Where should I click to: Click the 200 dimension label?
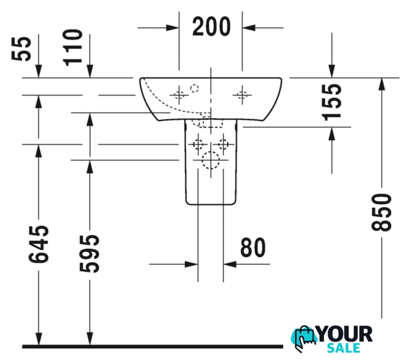coord(211,26)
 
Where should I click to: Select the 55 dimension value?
coord(21,49)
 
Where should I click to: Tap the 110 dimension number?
coord(73,47)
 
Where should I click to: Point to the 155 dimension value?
coord(332,102)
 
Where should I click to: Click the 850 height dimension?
coord(381,212)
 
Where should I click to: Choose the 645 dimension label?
coord(38,244)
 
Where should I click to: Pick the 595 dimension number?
coord(90,254)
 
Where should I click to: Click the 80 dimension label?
coord(253,247)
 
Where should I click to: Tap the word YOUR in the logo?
coord(345,334)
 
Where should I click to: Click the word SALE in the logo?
coord(343,348)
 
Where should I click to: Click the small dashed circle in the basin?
coord(194,88)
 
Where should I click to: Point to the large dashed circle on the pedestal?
coord(211,160)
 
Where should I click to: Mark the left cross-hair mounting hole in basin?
coord(179,94)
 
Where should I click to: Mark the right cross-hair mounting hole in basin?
coord(242,94)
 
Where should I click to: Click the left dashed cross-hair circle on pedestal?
coord(198,144)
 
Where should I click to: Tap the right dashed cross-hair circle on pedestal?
coord(223,144)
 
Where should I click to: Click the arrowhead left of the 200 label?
coord(173,28)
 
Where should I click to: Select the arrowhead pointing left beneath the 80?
coord(230,264)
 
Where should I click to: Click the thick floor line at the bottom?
coord(153,346)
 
